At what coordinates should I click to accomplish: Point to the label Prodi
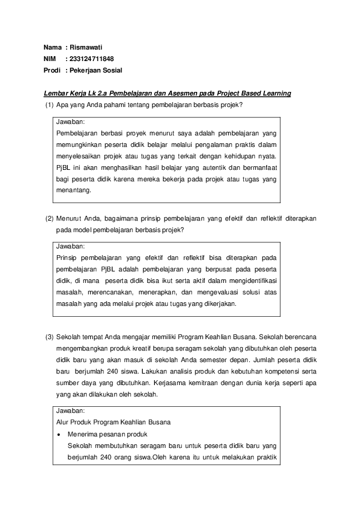tap(52, 70)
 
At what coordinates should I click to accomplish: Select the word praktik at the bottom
tap(266, 456)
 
